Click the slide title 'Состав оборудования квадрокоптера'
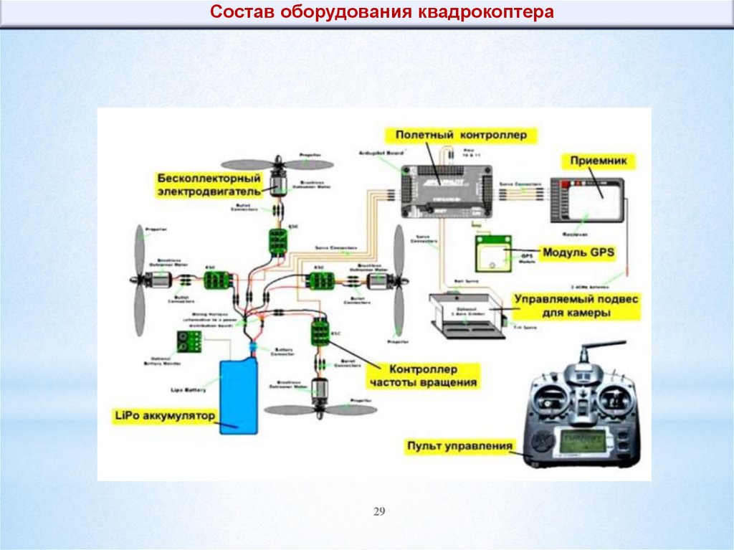pos(381,13)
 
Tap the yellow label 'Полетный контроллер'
pos(460,134)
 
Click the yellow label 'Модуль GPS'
pos(578,252)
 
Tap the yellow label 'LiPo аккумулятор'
pos(165,416)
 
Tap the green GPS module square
pos(492,253)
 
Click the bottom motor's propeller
pos(320,410)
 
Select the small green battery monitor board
pos(189,341)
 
